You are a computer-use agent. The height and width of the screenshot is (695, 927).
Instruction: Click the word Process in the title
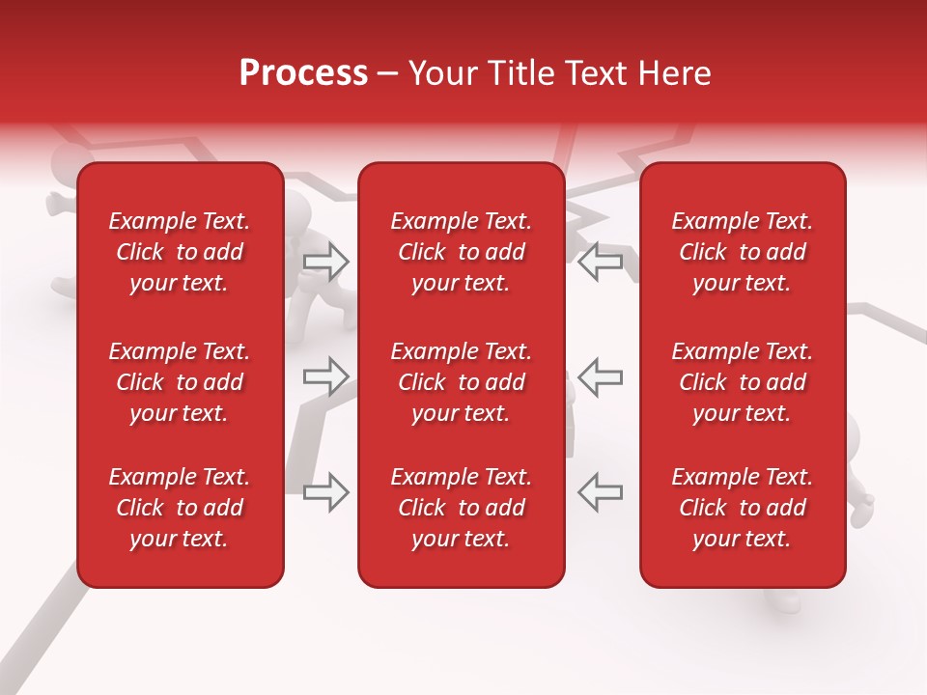click(x=303, y=73)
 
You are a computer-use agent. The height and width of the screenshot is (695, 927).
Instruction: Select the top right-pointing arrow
click(x=325, y=261)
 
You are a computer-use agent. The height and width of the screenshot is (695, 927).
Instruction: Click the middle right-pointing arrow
click(x=325, y=375)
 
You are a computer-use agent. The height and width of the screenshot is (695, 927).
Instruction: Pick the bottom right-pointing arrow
click(x=325, y=491)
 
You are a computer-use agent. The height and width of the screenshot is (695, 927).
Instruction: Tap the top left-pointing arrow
click(x=601, y=261)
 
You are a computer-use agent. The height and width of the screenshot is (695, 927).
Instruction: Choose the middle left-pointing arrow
click(x=601, y=375)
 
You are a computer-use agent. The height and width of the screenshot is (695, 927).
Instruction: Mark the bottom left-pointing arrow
click(x=601, y=491)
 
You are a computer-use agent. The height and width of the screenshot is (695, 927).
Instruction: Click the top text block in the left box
click(x=180, y=252)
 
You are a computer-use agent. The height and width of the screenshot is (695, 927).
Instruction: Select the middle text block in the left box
click(x=180, y=382)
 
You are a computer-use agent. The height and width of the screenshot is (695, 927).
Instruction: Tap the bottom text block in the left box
click(x=180, y=508)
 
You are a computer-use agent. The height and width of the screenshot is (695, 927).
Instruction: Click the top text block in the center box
click(x=461, y=252)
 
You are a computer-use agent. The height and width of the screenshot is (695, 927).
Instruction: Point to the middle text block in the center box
click(x=461, y=382)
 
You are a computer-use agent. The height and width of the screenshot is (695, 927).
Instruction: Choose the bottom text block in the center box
click(x=461, y=508)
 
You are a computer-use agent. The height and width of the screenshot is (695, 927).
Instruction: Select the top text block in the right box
click(x=742, y=252)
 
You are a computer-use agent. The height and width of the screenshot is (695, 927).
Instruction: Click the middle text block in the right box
click(x=742, y=382)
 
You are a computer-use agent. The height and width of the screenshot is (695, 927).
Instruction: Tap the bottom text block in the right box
click(x=742, y=508)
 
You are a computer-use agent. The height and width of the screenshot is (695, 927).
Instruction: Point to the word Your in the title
click(x=442, y=73)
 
